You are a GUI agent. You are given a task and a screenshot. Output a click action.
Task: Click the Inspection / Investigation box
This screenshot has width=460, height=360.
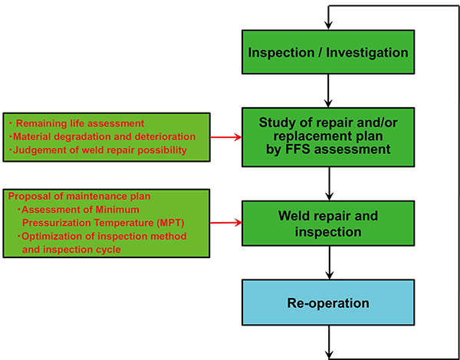(328, 54)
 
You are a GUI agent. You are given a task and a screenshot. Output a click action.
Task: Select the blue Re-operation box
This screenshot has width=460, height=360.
(328, 303)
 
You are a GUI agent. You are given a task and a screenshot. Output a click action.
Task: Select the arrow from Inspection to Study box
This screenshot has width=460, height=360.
(328, 91)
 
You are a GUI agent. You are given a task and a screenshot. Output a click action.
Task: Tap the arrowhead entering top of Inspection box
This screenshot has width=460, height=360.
(328, 25)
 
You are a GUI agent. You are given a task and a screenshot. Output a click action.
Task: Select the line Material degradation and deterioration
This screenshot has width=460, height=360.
(102, 136)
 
